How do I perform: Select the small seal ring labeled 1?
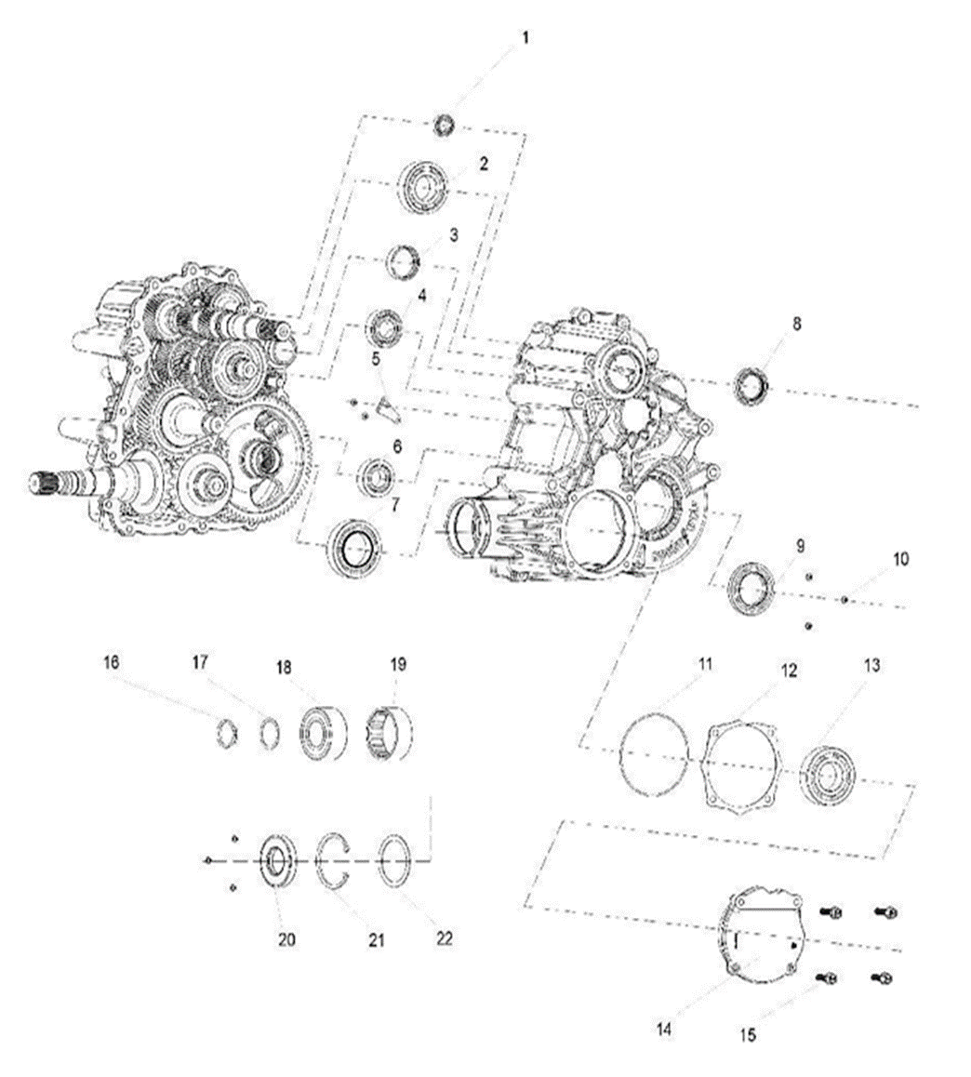pyautogui.click(x=445, y=125)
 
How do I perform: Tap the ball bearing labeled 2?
pyautogui.click(x=425, y=186)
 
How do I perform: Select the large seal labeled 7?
pyautogui.click(x=354, y=548)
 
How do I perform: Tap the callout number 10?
pyautogui.click(x=899, y=560)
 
